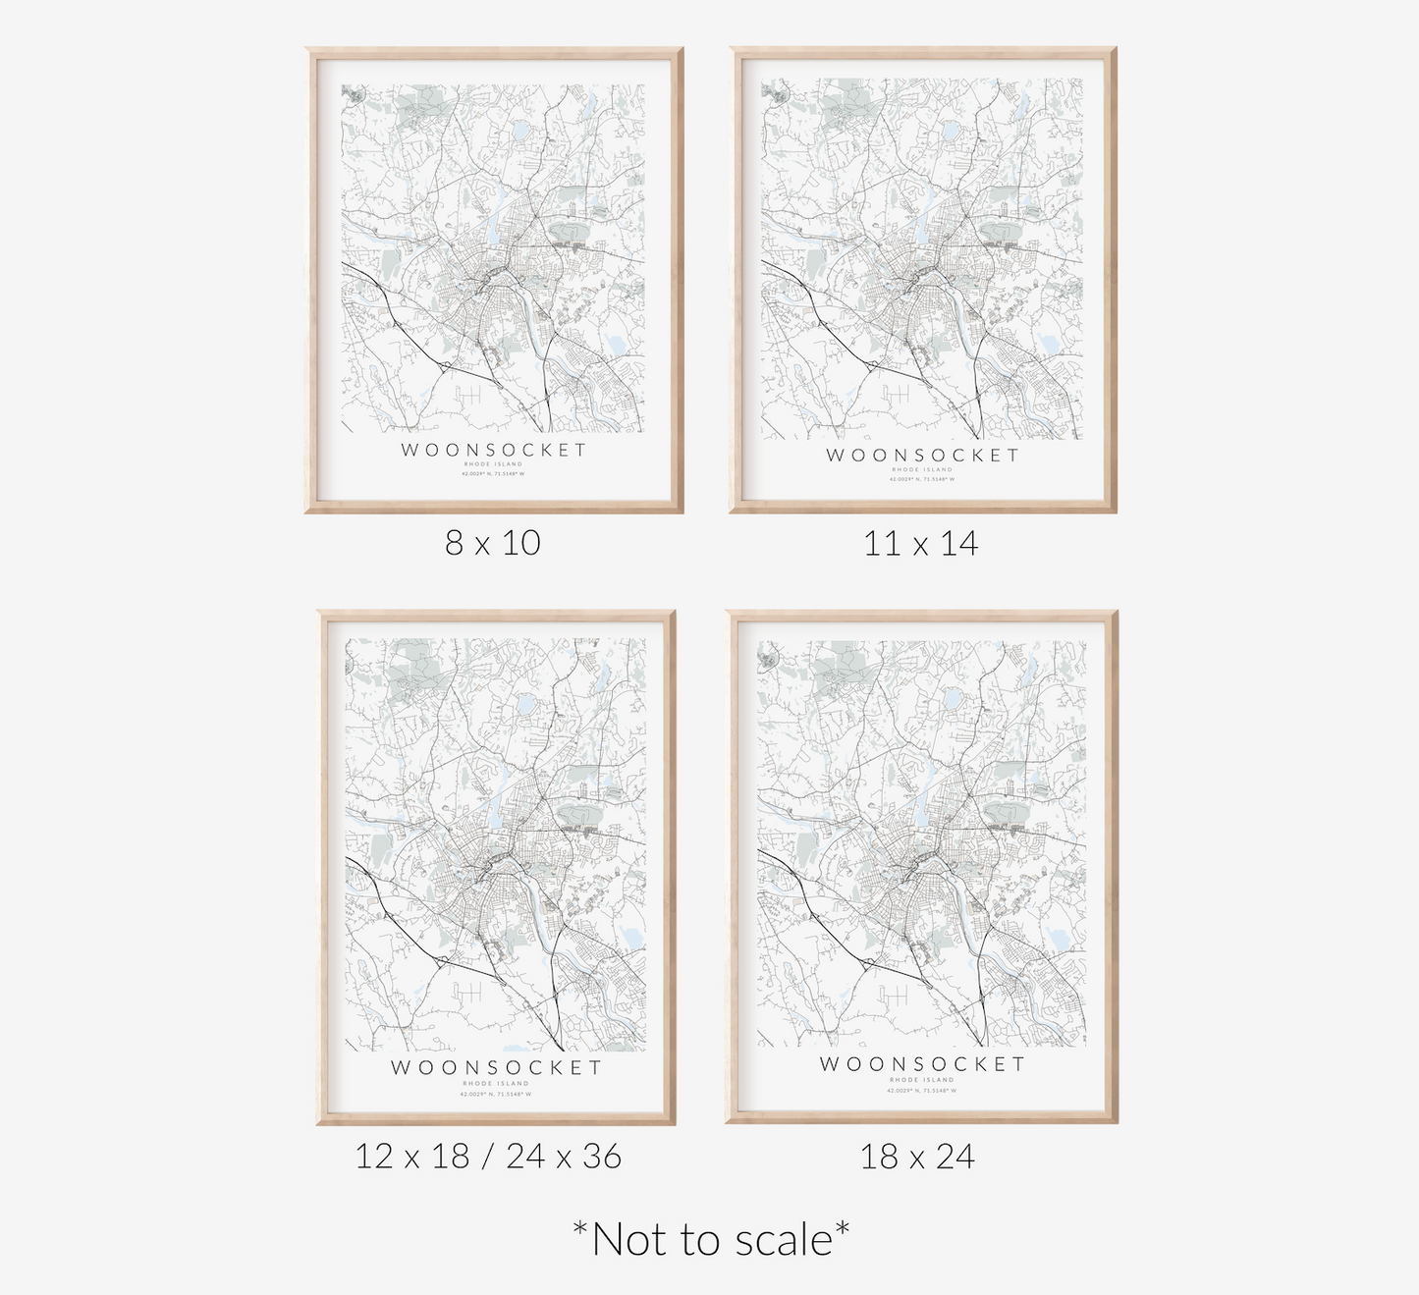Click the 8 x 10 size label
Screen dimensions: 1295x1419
click(493, 543)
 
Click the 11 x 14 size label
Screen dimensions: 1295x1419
click(920, 543)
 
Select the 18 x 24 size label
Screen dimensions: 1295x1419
click(917, 1157)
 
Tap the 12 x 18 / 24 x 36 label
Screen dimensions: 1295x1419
click(488, 1157)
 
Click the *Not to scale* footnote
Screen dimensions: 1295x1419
click(711, 1239)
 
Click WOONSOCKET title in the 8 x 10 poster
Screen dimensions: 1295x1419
click(494, 450)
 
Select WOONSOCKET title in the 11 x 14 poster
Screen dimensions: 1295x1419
click(922, 455)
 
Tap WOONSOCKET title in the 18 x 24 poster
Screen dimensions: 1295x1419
click(922, 1064)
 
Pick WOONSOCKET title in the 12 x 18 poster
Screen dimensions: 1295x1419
click(496, 1067)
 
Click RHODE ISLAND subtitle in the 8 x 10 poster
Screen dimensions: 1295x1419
click(494, 464)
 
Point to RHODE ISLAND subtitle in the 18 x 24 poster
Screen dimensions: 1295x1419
click(921, 1080)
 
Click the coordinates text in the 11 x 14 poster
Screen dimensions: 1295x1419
click(921, 479)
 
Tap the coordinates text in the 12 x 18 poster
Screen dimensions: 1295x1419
click(496, 1094)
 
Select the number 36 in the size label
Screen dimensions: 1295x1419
click(602, 1157)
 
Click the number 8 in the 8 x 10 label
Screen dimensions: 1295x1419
click(454, 543)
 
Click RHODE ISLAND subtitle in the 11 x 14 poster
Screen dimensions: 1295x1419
click(921, 470)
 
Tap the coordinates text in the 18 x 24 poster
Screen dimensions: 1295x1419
click(921, 1090)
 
